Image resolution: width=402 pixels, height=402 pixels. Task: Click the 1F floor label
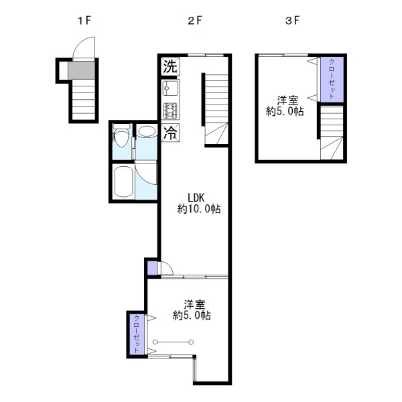click(x=84, y=21)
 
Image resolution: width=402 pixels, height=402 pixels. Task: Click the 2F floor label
click(x=195, y=21)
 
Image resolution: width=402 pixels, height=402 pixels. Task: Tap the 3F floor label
click(x=293, y=21)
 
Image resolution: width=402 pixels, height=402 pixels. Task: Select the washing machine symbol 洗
click(x=170, y=66)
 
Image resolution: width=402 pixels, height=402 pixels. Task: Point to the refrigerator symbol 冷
click(x=170, y=133)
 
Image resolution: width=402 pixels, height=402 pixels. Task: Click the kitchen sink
click(x=170, y=88)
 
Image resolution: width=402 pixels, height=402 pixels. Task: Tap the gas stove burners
click(x=170, y=111)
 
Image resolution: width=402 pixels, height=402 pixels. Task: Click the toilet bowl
click(x=121, y=137)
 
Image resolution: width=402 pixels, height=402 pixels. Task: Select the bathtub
click(x=123, y=182)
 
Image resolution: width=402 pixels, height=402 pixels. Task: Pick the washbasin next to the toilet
click(x=146, y=131)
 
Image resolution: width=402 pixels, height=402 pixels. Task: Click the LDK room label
click(x=196, y=198)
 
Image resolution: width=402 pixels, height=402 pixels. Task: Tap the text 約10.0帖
click(x=199, y=209)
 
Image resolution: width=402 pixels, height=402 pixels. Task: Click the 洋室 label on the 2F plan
click(x=194, y=305)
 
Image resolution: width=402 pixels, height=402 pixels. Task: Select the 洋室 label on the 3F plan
click(x=287, y=100)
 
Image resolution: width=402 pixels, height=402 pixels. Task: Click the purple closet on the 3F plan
click(x=332, y=79)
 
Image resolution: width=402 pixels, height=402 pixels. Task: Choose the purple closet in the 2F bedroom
click(x=137, y=334)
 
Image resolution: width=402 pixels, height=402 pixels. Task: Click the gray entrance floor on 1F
click(x=81, y=70)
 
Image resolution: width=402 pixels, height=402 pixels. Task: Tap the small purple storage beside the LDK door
click(x=152, y=268)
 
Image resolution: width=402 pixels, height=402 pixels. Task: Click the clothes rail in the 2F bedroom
click(x=173, y=342)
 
